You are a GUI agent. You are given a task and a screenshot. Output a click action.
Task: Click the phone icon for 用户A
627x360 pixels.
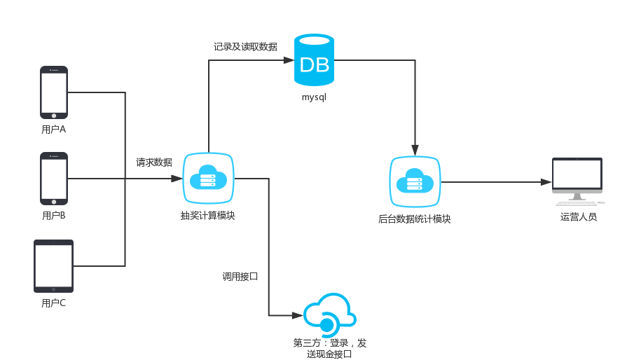tap(54, 92)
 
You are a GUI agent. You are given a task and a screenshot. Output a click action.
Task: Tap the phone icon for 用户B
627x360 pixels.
tap(54, 178)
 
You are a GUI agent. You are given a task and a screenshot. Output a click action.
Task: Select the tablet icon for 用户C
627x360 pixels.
tap(54, 266)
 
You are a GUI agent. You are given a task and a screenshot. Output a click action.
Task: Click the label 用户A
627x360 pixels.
tap(54, 130)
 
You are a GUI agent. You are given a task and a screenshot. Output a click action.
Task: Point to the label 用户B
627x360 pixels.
tap(54, 216)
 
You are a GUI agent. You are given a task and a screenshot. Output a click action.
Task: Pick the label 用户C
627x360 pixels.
tap(54, 303)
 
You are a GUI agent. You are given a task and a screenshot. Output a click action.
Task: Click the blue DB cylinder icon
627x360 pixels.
tap(314, 60)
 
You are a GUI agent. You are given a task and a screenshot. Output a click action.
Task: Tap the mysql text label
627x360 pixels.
tap(314, 97)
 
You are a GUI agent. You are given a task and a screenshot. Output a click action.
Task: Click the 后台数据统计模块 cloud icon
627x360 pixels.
tap(415, 182)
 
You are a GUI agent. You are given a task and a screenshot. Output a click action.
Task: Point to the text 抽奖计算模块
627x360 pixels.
tap(207, 216)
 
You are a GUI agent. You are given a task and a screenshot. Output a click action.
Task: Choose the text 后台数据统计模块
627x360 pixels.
tap(414, 219)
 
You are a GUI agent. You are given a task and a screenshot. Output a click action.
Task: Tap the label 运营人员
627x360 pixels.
tap(578, 217)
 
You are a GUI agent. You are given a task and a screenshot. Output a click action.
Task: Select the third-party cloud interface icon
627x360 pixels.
tap(329, 315)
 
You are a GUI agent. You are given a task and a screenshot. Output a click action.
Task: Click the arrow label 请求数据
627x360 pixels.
tap(154, 162)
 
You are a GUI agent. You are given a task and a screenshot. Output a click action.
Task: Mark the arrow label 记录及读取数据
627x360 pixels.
tap(245, 47)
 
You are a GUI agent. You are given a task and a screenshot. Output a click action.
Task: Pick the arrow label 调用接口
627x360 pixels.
tap(240, 277)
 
